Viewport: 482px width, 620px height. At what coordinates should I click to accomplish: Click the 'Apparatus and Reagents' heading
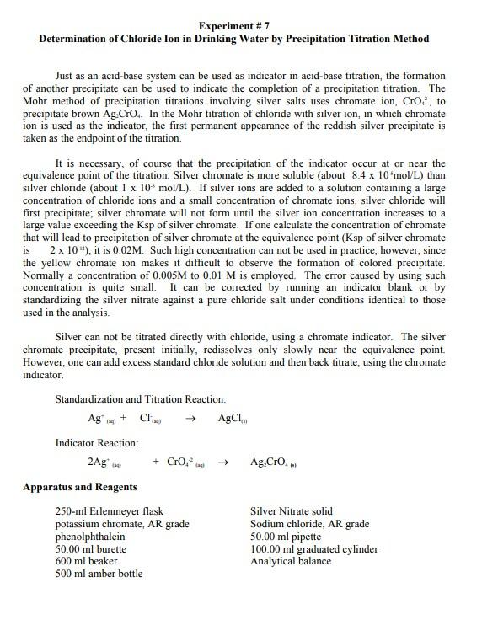click(x=80, y=487)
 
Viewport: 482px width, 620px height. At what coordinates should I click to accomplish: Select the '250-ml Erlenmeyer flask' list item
click(x=109, y=511)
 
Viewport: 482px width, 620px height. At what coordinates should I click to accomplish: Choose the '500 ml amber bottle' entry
click(x=99, y=574)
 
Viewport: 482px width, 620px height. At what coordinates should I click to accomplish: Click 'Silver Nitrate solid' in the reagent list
click(x=291, y=511)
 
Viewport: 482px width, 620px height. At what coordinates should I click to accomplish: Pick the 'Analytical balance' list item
click(x=291, y=561)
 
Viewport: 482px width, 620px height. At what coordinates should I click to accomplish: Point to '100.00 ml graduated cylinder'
click(x=313, y=549)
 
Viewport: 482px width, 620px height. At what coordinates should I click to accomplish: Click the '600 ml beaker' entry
click(x=86, y=561)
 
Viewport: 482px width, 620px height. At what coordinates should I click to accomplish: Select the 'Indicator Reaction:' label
click(x=97, y=442)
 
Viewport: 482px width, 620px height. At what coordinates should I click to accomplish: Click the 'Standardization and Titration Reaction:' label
click(x=140, y=398)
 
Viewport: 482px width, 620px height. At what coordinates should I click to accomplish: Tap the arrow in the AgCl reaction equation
click(x=190, y=419)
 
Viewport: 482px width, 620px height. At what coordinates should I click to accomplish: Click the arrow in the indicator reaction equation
click(x=223, y=462)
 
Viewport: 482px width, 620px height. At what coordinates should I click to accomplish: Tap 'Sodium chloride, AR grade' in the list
click(x=309, y=524)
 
